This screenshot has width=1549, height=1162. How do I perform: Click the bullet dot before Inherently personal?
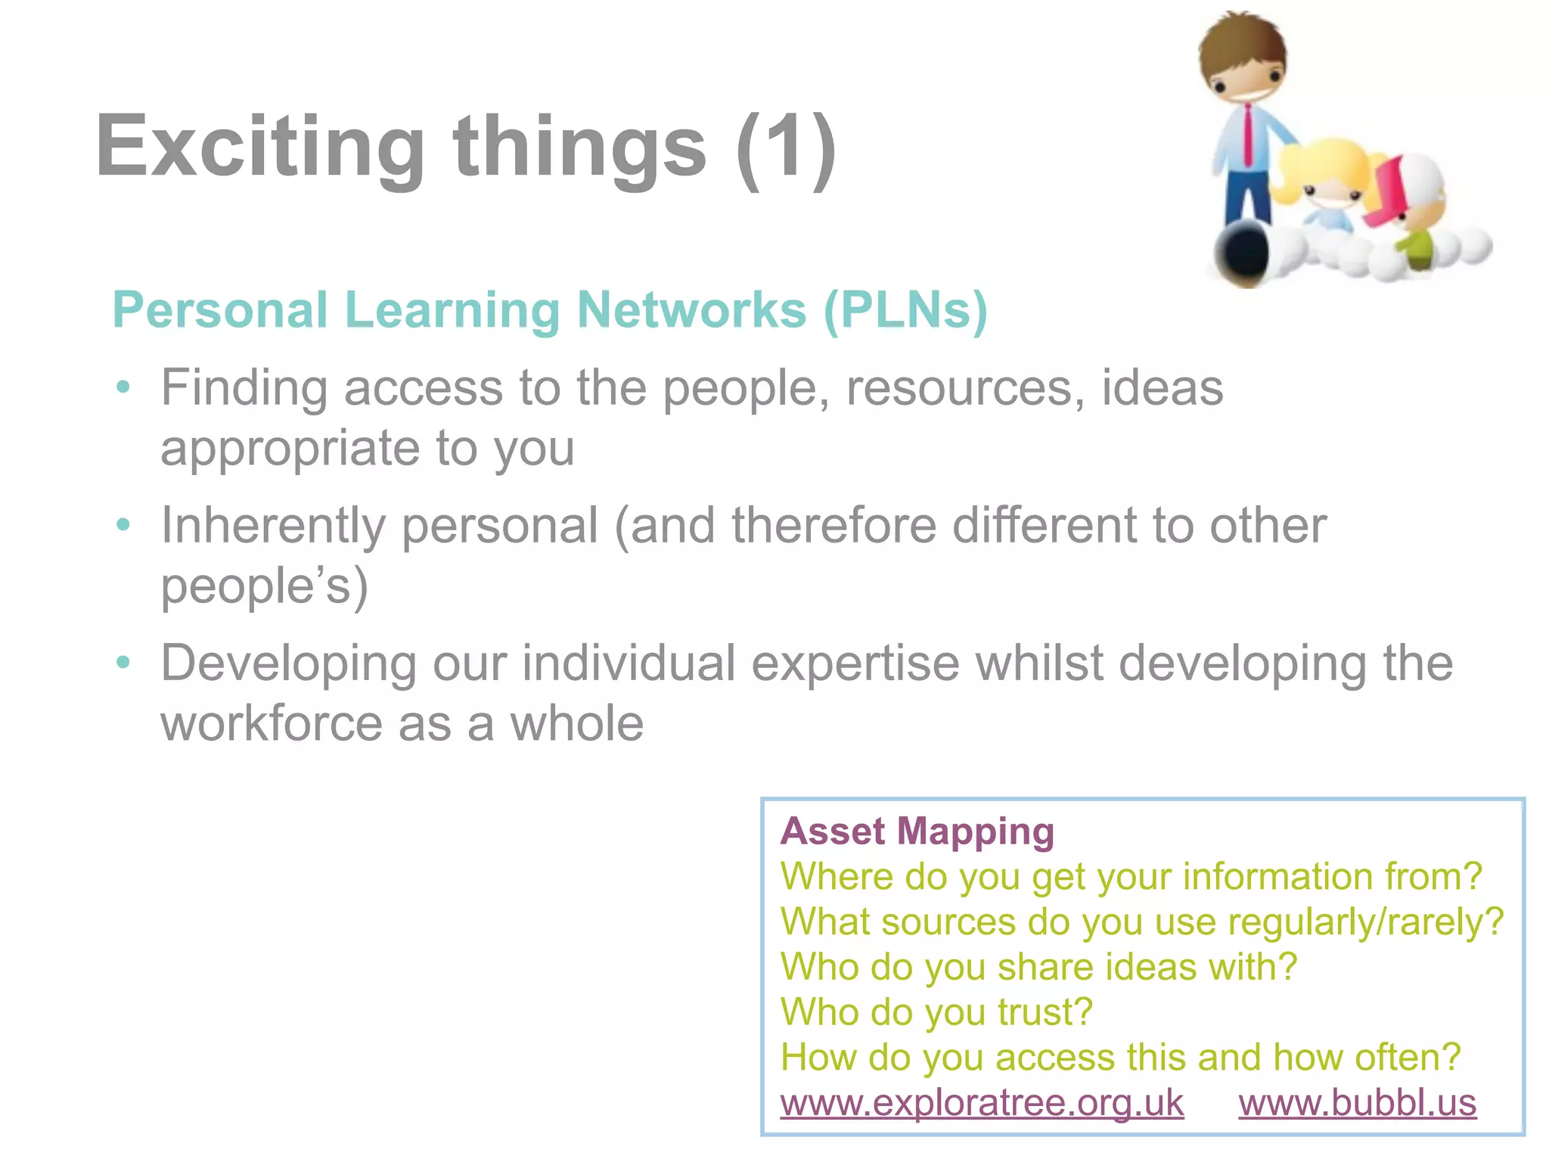click(x=123, y=525)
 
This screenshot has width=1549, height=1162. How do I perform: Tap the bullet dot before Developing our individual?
click(x=123, y=663)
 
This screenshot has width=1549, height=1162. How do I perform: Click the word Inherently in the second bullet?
click(x=273, y=525)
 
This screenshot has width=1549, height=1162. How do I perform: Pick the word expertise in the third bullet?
click(x=855, y=663)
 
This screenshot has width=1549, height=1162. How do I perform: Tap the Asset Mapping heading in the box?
click(x=917, y=831)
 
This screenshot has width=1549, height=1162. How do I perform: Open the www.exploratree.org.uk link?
click(x=982, y=1102)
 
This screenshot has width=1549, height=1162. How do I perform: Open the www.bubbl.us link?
click(x=1357, y=1102)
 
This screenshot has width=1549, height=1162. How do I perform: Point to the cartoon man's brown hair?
click(x=1240, y=38)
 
